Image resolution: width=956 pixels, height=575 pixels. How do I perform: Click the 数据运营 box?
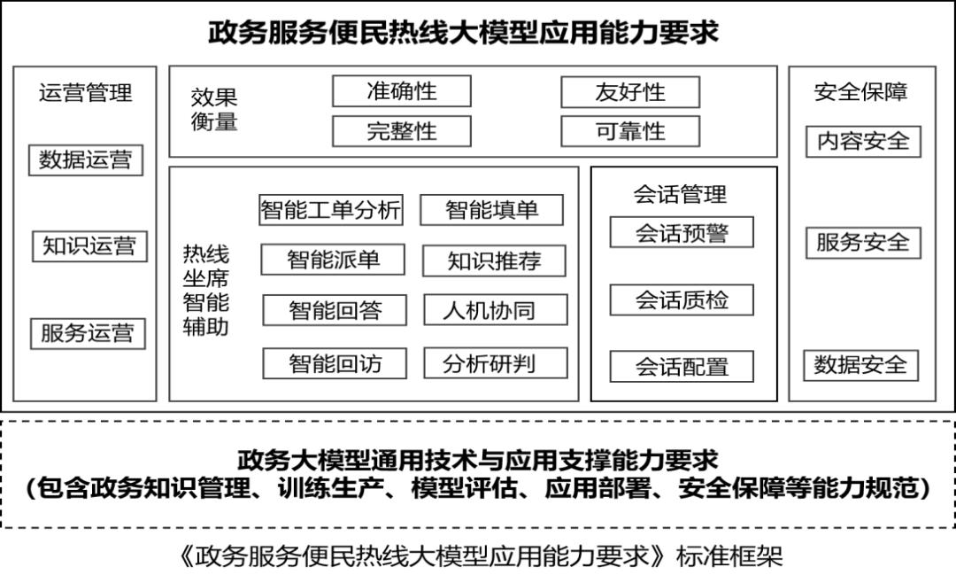86,160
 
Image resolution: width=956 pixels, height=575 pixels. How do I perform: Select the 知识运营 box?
89,246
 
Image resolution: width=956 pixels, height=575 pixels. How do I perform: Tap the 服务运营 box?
88,333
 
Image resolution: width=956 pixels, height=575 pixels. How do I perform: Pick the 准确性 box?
401,91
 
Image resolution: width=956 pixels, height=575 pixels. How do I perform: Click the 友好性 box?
629,92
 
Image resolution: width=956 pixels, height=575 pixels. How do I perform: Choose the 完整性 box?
401,131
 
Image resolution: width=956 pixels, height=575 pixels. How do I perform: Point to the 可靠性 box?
629,131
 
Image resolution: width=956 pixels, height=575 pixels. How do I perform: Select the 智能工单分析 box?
331,210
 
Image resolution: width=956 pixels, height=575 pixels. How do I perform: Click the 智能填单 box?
491,210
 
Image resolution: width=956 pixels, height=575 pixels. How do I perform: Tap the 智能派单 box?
333,260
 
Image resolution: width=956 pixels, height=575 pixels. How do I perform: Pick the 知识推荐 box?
494,261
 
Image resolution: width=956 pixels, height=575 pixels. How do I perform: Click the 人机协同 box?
494,310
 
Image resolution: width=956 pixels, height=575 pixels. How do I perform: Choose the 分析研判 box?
494,363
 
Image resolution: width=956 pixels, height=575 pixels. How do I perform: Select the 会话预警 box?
682,232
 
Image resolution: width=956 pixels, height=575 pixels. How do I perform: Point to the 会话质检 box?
682,299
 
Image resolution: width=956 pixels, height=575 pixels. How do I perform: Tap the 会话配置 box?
682,367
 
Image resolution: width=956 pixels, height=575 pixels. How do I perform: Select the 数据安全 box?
861,365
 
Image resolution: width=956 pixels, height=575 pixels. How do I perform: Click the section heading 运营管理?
85,92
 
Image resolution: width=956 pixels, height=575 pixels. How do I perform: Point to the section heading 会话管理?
681,193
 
